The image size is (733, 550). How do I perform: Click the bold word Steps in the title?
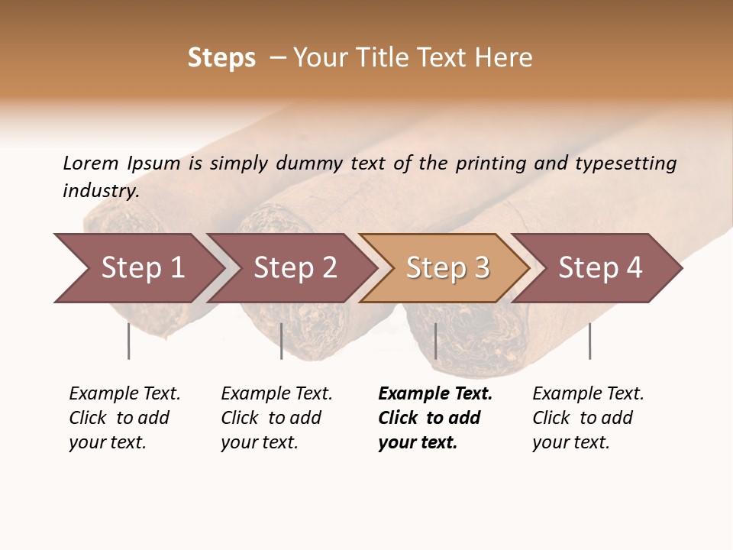[221, 58]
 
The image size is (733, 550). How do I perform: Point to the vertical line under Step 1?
[128, 341]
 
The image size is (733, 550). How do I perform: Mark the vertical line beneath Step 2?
[282, 341]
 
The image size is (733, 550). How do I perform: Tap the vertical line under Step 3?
[435, 341]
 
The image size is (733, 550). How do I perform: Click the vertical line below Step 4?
[589, 341]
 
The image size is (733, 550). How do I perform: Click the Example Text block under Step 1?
[124, 418]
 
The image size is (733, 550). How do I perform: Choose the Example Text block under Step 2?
[276, 418]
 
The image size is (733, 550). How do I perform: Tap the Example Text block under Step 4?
[588, 418]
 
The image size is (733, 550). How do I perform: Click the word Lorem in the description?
[91, 163]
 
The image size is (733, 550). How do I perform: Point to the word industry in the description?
[101, 191]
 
